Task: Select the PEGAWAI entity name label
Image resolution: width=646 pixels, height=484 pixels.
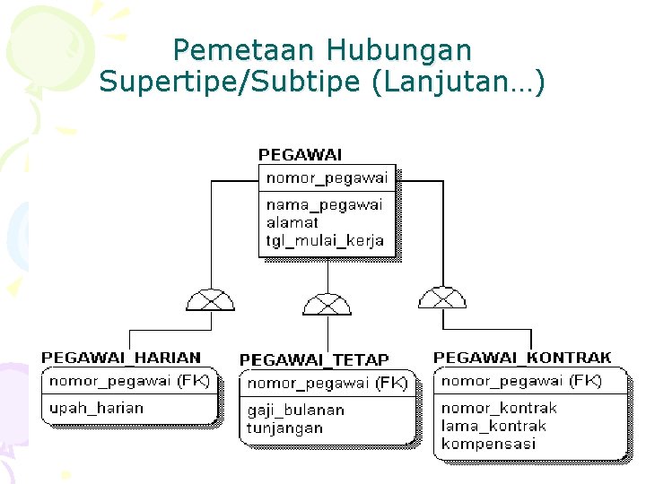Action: coord(300,155)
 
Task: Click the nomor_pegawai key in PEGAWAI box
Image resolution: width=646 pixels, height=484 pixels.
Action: coord(327,177)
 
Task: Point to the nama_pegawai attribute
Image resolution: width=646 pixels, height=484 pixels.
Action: coord(324,204)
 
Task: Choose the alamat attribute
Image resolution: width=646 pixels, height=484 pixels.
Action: coord(292,222)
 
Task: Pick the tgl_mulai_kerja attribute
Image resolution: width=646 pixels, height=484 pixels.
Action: coord(325,240)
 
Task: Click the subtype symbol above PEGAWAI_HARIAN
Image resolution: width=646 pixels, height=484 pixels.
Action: coord(210,299)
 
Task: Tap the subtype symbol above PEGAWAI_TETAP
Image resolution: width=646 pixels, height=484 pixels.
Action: coord(327,304)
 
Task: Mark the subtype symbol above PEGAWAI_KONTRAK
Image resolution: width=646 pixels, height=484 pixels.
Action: coord(442,298)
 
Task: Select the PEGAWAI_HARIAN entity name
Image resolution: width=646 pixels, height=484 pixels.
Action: coord(121,358)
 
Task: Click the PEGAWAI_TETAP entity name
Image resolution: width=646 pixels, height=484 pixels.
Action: coord(314,359)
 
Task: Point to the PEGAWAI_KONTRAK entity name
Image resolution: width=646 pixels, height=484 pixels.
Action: coord(522,358)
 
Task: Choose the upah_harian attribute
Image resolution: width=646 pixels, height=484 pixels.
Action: coord(96,408)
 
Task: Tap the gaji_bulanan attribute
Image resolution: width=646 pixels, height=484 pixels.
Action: coord(295,410)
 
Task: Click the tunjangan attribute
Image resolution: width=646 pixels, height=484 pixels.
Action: coord(284,428)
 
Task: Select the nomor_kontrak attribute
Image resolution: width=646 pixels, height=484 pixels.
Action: coord(499,408)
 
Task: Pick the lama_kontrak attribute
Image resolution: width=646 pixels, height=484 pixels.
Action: coord(493,426)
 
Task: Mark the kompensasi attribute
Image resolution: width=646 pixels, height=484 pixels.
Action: coord(488,444)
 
